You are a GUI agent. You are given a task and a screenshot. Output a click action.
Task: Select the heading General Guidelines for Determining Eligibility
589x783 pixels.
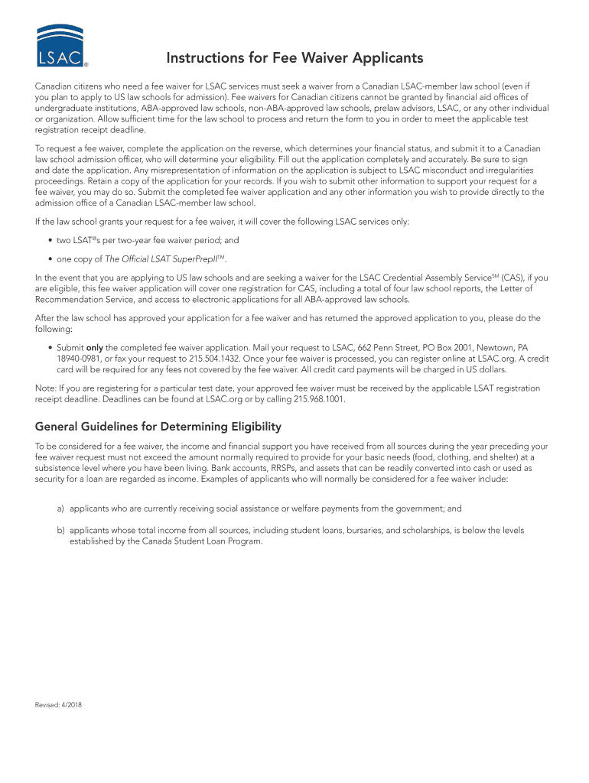158,426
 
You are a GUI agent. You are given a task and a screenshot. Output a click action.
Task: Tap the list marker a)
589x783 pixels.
60,508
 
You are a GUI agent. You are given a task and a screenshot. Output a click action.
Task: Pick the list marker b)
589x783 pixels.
60,529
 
